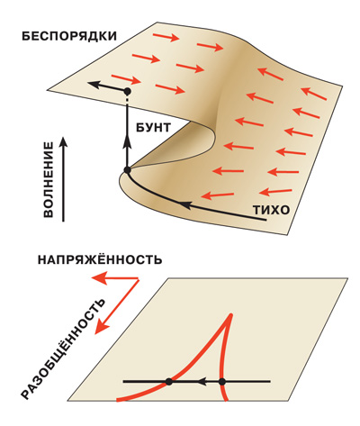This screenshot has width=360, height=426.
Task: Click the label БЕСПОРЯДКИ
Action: tap(69, 36)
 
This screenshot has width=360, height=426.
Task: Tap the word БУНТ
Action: tap(153, 128)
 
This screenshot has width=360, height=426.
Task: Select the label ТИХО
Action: tap(271, 210)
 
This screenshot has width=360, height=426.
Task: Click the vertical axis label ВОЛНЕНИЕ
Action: tap(49, 180)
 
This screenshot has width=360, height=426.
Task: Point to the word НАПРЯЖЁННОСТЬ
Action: tap(100, 259)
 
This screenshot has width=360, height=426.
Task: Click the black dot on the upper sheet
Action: tap(128, 91)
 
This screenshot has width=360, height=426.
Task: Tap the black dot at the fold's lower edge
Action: tap(127, 170)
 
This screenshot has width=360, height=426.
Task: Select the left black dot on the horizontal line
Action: tap(169, 382)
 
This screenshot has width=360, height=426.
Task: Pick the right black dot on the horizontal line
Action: tap(221, 382)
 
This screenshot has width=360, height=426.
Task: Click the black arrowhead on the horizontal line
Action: tap(202, 382)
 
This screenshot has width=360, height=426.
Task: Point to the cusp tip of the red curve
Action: tap(231, 315)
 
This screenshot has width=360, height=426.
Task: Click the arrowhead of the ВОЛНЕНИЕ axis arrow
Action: tap(63, 141)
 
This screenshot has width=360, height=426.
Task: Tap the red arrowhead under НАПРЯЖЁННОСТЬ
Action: tap(99, 278)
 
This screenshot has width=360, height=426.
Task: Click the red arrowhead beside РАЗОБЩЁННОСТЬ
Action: tap(102, 327)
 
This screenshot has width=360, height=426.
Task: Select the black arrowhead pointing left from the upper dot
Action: tap(93, 85)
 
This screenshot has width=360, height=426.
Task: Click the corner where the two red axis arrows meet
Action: tap(139, 279)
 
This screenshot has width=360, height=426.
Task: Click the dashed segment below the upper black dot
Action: tap(127, 100)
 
